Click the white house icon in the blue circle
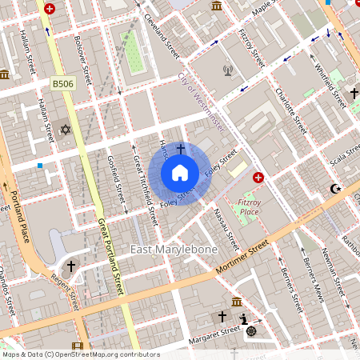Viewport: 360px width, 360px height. tap(180, 172)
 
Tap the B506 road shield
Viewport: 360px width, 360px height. tap(62, 82)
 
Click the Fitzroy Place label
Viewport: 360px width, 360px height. tap(250, 208)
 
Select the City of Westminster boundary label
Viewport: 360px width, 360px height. tap(200, 104)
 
